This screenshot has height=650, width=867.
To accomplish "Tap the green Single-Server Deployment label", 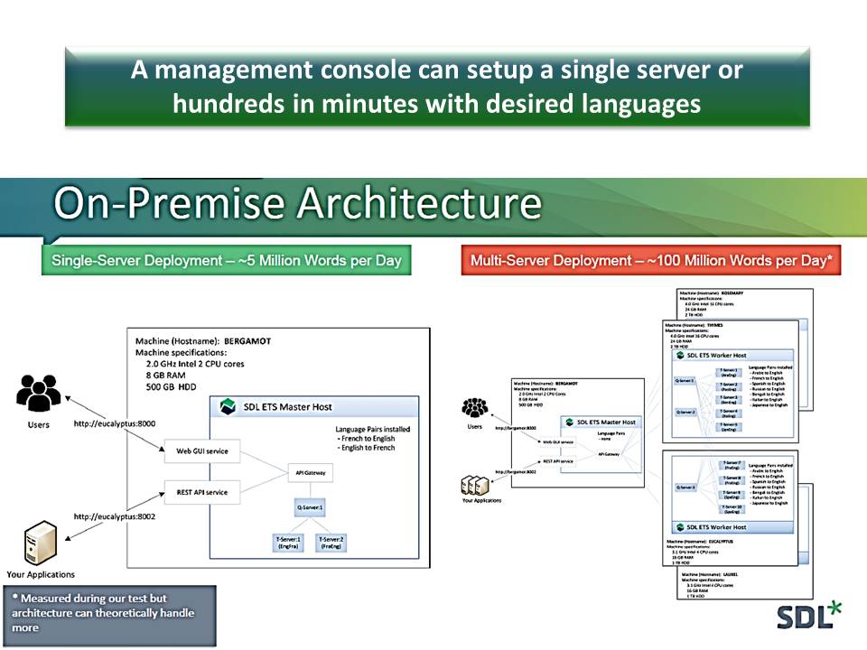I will coord(226,261).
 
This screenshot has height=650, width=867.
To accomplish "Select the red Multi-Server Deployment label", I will coord(650,261).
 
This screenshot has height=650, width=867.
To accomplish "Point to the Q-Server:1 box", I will coord(308,508).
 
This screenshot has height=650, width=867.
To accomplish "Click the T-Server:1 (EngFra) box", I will coord(289,542).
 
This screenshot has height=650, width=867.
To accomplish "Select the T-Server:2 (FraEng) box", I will coord(330,542).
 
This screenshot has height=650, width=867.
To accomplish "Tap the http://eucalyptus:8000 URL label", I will coord(115,422).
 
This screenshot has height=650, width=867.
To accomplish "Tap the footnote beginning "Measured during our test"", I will coord(108,612).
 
